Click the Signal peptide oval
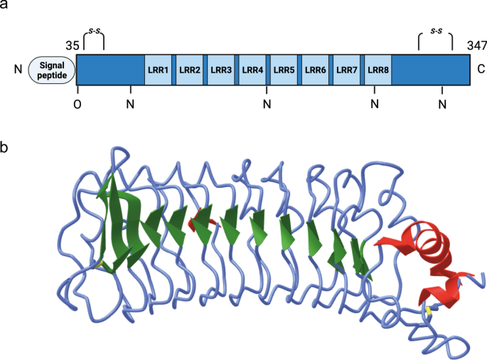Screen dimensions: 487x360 click(x=52, y=70)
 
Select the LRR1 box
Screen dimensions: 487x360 click(x=158, y=70)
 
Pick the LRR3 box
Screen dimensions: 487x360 click(x=221, y=70)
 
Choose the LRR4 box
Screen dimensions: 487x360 click(x=252, y=70)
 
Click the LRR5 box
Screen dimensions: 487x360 click(x=284, y=70)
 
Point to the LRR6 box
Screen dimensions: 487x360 click(x=315, y=70)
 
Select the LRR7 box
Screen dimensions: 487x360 click(x=346, y=70)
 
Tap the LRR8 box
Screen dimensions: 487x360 click(x=378, y=70)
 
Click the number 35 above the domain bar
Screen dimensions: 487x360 click(x=72, y=45)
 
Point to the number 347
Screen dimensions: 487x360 click(x=477, y=45)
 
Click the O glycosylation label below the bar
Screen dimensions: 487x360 click(x=77, y=105)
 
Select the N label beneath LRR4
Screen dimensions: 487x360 click(x=267, y=105)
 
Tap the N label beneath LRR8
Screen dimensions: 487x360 click(x=375, y=105)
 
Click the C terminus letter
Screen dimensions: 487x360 click(x=481, y=70)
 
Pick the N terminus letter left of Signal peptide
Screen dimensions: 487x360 click(x=17, y=70)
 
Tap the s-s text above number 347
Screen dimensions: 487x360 click(x=435, y=31)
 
